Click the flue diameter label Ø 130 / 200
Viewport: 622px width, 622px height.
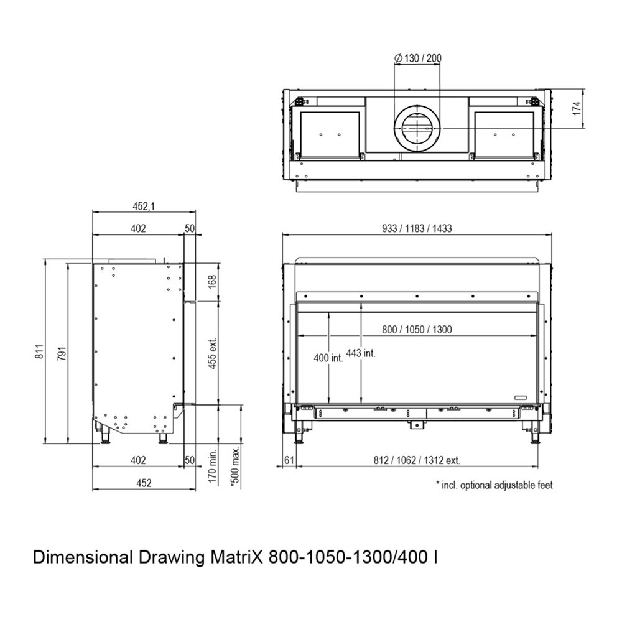pos(418,58)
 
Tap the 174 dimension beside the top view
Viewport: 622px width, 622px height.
pos(577,108)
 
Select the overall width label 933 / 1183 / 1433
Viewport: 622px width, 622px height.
pos(417,228)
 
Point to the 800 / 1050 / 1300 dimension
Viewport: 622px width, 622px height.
pos(417,329)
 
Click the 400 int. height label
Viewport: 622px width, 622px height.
pos(328,358)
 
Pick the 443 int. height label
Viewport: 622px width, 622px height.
pos(361,353)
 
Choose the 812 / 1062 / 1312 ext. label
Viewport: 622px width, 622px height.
pos(417,460)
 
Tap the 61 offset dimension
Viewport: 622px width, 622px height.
pos(289,460)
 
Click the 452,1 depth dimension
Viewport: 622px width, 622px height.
pos(144,206)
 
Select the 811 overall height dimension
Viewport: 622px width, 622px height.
pos(39,351)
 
